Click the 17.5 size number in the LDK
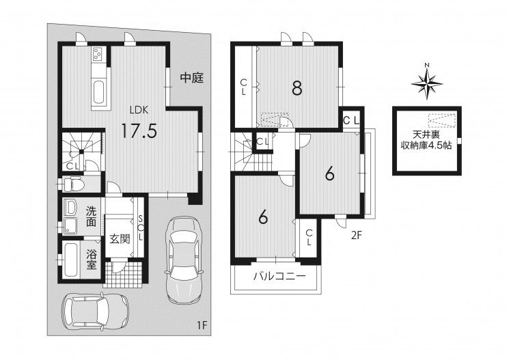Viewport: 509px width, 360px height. point(139,130)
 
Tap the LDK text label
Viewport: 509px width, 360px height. point(139,110)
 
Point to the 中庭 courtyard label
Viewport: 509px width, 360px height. point(191,78)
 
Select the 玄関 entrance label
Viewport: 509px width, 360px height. point(120,239)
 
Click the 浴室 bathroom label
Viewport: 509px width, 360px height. point(92,259)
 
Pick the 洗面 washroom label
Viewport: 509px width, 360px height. point(92,217)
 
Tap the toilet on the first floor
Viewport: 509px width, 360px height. point(74,184)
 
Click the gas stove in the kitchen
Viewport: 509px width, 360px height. point(98,54)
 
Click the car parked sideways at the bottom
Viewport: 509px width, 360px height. point(95,310)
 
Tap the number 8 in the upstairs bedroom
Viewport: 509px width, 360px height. point(297,88)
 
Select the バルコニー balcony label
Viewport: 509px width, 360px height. point(279,276)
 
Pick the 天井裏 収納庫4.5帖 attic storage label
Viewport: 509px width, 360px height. point(426,140)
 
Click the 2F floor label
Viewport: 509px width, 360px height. point(356,236)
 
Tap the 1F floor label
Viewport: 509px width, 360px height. point(202,325)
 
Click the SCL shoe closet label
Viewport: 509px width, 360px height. point(141,227)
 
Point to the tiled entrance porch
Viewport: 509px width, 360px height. point(124,275)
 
